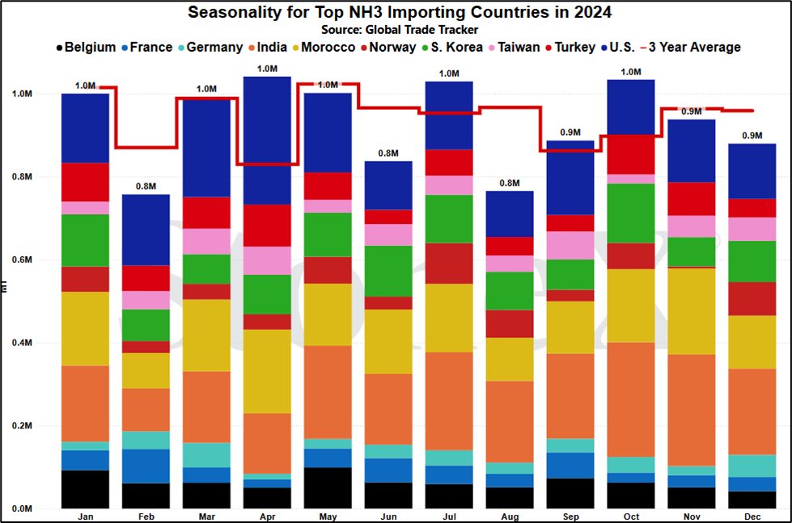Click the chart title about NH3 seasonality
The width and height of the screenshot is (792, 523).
tap(400, 12)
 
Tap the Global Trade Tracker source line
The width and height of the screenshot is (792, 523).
tap(400, 30)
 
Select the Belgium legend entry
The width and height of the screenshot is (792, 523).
tap(86, 48)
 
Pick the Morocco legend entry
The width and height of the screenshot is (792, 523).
tap(324, 48)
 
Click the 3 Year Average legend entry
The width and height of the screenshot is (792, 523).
tap(691, 48)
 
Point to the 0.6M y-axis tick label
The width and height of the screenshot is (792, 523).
tap(22, 260)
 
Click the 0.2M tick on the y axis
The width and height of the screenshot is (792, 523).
tap(22, 425)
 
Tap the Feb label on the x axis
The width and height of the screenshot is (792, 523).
tap(146, 517)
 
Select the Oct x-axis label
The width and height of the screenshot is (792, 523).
tap(631, 517)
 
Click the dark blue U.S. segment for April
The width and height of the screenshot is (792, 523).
tap(267, 141)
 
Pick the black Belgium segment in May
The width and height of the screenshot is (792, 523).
tap(328, 487)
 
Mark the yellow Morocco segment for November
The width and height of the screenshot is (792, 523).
tap(692, 311)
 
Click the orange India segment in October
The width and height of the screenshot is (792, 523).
tap(631, 400)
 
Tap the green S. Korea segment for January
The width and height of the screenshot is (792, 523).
tap(86, 240)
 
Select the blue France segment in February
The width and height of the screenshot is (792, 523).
tap(146, 466)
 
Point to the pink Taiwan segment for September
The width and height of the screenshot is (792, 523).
tap(570, 246)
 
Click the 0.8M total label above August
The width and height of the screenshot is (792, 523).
tap(510, 183)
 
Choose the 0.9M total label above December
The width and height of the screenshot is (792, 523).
tap(752, 136)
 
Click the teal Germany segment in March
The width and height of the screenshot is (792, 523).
tap(206, 455)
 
